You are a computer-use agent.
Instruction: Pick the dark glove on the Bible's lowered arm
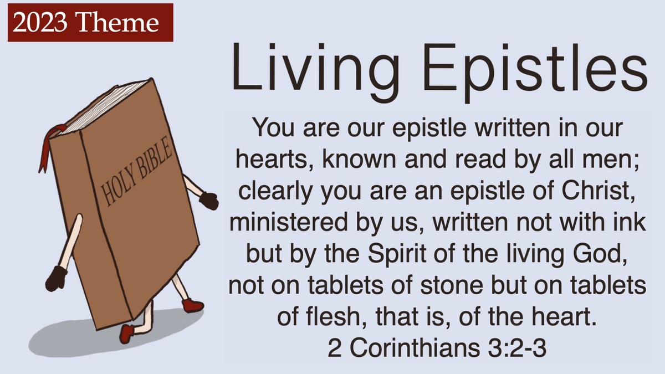click(55, 278)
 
